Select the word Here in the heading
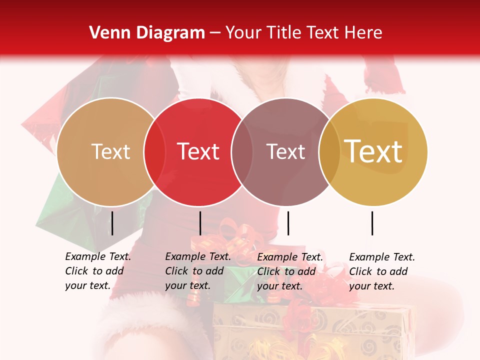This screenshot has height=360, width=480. coord(364,33)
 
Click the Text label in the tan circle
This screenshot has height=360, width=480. coord(110,151)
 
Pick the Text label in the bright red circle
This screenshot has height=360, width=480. coord(198,151)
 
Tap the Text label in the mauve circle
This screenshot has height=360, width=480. coord(285,151)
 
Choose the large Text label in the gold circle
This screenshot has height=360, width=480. coord(373,151)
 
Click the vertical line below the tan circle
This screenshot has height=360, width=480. coord(112,223)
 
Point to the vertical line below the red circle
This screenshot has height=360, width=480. coord(200,223)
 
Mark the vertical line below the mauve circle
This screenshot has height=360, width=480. coord(288,223)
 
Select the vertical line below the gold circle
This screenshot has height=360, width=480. coord(372,223)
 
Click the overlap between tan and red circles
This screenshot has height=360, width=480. coord(154,151)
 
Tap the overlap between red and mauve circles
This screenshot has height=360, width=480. coord(242,151)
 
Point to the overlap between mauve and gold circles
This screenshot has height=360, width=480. coord(329,151)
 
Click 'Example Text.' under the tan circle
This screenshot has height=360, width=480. coord(98,256)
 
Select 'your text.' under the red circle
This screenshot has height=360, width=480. coord(187,285)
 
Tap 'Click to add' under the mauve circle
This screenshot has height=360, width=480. coord(286,271)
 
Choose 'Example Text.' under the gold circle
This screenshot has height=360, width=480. coord(382,257)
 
